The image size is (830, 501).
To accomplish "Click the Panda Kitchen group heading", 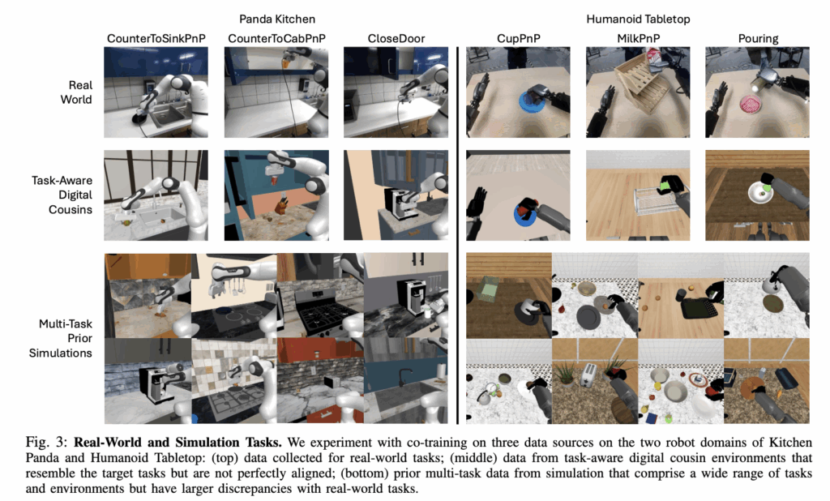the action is pos(277,19).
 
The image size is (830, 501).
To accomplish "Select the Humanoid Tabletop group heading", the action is pos(638,19).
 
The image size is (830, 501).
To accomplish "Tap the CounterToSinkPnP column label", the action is pos(156,39).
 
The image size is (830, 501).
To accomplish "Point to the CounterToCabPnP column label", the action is pos(276,39).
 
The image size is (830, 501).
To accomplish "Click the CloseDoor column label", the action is pos(396,39).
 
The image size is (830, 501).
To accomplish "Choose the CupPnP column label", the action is pos(518,39).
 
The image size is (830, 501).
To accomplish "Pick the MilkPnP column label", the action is pos(638,39).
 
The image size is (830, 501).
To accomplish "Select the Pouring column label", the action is pos(758,39).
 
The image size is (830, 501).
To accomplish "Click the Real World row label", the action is pos(76,92).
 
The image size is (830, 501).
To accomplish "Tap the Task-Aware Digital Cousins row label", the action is pos(62,195).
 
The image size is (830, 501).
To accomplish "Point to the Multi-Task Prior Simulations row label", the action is pos(60,338).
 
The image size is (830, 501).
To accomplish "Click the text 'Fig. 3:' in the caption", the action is pos(46,443).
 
